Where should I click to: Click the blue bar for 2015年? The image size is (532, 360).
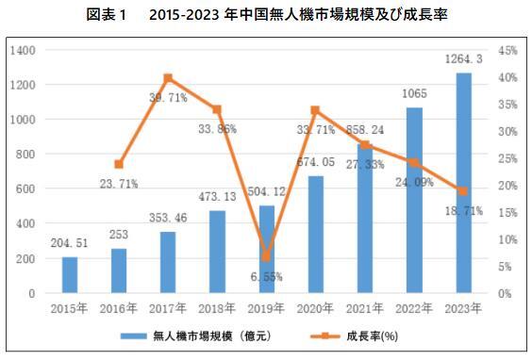pyautogui.click(x=70, y=275)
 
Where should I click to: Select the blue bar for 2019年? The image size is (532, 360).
pyautogui.click(x=268, y=250)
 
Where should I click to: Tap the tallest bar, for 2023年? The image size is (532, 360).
pyautogui.click(x=464, y=184)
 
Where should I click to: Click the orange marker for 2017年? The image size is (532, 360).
pyautogui.click(x=168, y=77)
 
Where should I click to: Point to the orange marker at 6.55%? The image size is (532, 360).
pyautogui.click(x=267, y=256)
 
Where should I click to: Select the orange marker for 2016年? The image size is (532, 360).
pyautogui.click(x=119, y=164)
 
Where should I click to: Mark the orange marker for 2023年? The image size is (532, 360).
pyautogui.click(x=463, y=191)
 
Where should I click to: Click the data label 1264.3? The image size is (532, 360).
pyautogui.click(x=464, y=59)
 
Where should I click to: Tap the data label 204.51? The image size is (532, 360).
pyautogui.click(x=69, y=244)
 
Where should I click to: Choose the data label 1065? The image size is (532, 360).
pyautogui.click(x=415, y=94)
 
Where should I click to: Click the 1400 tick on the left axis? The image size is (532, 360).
pyautogui.click(x=23, y=50)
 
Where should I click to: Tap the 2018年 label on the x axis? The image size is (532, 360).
pyautogui.click(x=218, y=307)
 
